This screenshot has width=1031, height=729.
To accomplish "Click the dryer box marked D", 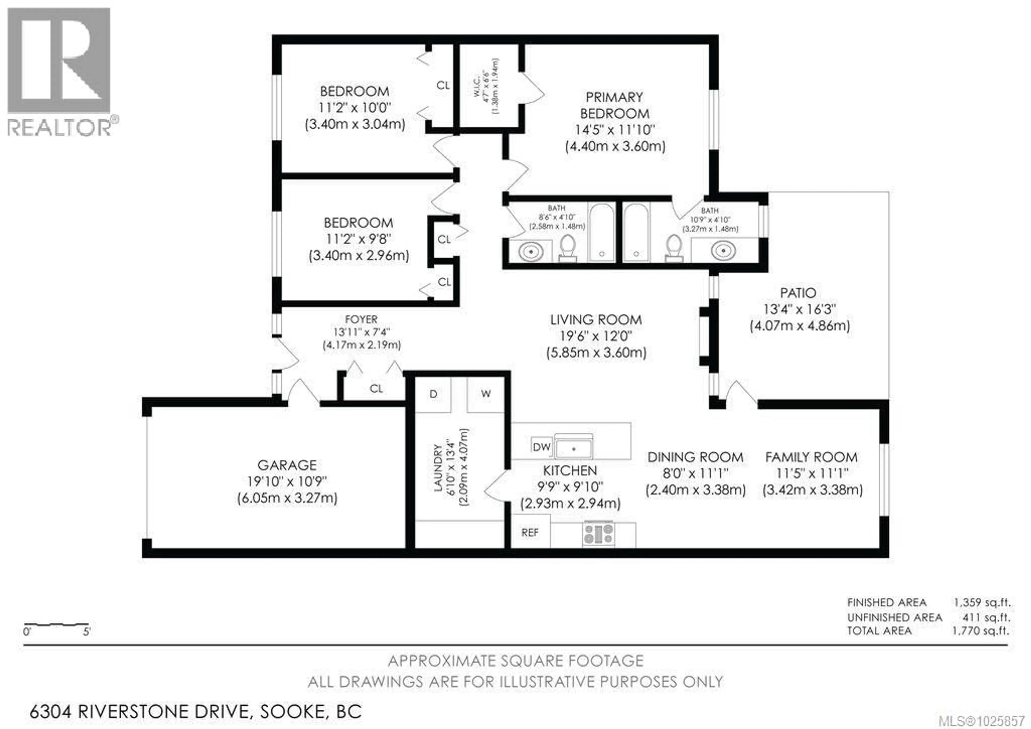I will pyautogui.click(x=433, y=394).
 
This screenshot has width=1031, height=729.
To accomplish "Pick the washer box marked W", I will pyautogui.click(x=485, y=394).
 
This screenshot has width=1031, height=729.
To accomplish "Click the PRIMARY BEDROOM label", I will pyautogui.click(x=614, y=105).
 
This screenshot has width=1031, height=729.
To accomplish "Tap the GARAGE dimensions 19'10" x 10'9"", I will pyautogui.click(x=287, y=481).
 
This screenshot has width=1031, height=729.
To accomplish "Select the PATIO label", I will pyautogui.click(x=798, y=293).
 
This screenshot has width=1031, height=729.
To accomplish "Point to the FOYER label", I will pyautogui.click(x=361, y=319).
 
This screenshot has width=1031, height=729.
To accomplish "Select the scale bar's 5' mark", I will pyautogui.click(x=87, y=632).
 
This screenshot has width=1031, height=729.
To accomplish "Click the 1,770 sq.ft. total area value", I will pyautogui.click(x=981, y=631).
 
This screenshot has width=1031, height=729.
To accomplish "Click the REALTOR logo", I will pyautogui.click(x=59, y=72).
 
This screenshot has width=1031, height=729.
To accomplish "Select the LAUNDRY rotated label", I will pyautogui.click(x=438, y=467).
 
